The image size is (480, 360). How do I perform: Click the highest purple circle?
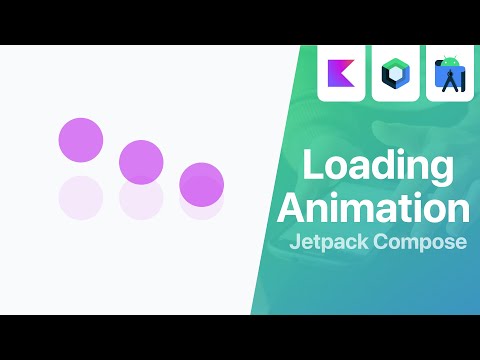81,139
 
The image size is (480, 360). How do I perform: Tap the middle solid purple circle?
141,161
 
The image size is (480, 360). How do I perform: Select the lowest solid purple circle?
201,183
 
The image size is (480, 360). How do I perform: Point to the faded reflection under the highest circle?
81,197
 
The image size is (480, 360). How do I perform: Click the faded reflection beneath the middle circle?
141,199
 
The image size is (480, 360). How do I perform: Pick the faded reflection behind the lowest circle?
201,204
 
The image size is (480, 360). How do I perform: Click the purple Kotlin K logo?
340,74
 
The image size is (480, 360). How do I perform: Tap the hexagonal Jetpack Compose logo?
394,74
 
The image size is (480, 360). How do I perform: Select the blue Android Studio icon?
450,76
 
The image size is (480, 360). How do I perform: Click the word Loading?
373,166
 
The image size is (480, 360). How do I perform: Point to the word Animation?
373,208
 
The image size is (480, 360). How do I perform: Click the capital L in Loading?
311,164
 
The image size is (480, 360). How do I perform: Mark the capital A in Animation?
291,208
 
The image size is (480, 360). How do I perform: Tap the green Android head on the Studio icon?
450,63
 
